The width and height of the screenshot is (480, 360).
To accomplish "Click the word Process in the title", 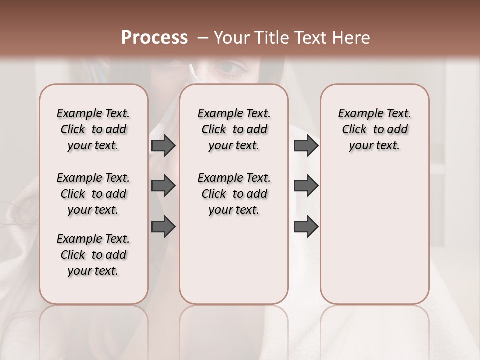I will [x=154, y=38].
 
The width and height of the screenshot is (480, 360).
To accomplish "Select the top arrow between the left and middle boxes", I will [x=163, y=146].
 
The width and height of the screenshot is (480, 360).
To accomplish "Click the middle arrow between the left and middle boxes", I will [x=163, y=186].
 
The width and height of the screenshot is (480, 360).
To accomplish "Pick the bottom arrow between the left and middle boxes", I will [x=163, y=226].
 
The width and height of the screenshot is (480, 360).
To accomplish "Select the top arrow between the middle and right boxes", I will [x=306, y=146].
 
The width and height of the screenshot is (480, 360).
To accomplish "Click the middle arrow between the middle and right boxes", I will [x=306, y=186].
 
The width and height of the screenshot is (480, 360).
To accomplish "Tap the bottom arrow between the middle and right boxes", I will [x=306, y=226].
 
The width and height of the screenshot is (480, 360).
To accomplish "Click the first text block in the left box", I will [x=93, y=130].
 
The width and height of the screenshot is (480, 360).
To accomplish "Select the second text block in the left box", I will [x=93, y=194].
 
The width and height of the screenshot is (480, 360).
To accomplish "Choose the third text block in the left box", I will [x=93, y=255].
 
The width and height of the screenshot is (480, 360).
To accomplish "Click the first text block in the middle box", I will [x=234, y=130].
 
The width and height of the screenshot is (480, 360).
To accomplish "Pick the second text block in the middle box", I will [x=234, y=194].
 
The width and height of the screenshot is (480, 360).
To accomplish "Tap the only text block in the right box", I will [x=374, y=130].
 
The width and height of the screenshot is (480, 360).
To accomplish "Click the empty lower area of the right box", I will [x=374, y=235].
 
